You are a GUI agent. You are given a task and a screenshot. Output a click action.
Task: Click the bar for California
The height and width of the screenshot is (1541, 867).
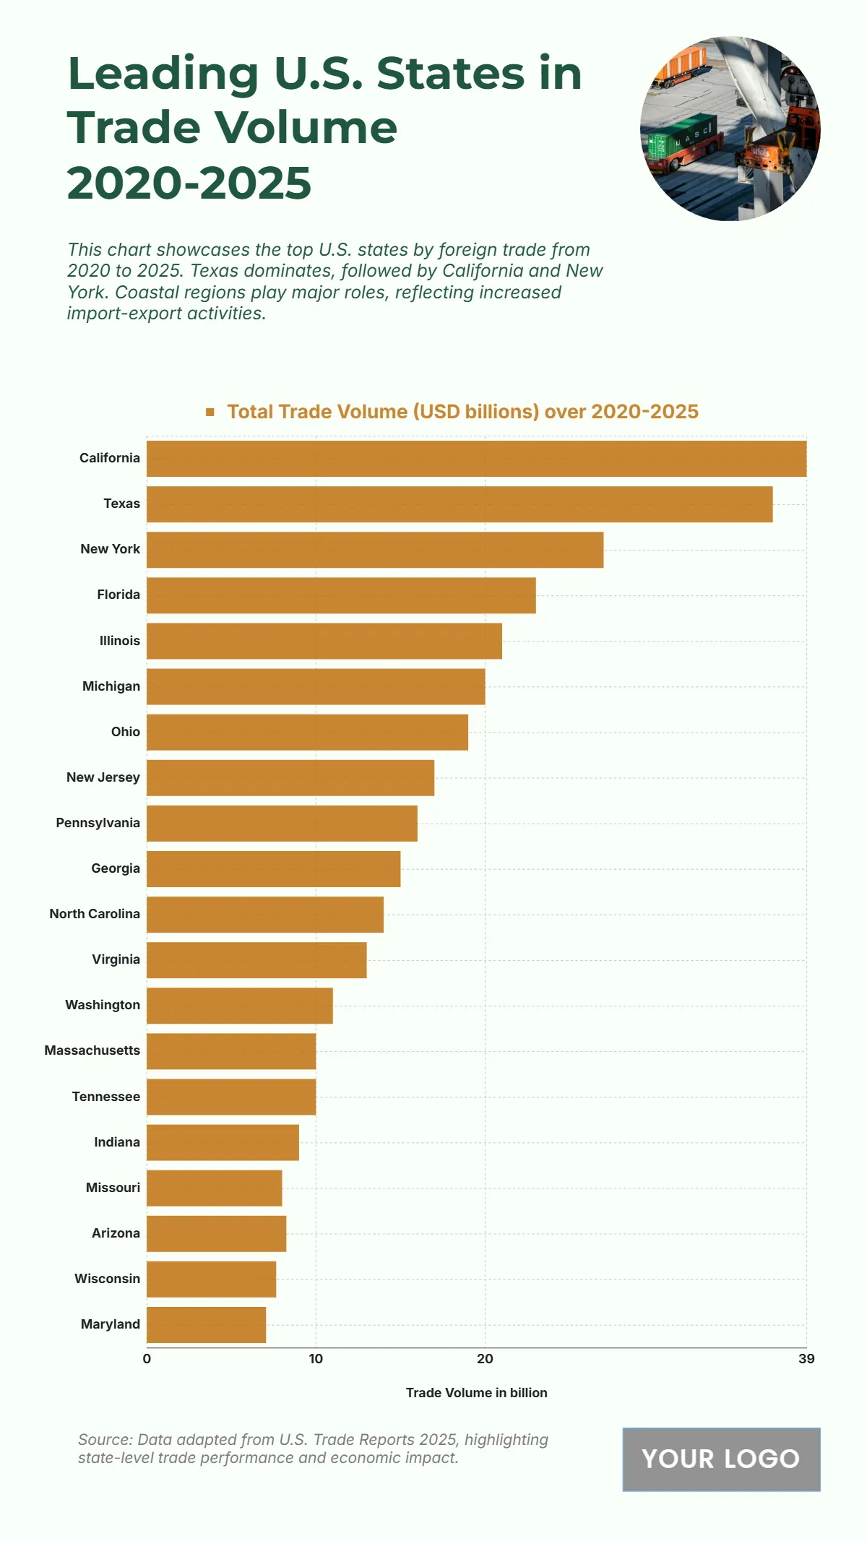point(476,459)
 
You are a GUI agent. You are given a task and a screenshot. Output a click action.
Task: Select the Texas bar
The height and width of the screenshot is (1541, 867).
point(460,504)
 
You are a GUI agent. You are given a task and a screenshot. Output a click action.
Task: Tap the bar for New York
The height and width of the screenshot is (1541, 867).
point(375,550)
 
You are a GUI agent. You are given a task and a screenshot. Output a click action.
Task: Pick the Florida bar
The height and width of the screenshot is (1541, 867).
point(341,595)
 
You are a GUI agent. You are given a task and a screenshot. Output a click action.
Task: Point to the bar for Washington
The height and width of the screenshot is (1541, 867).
point(240,1006)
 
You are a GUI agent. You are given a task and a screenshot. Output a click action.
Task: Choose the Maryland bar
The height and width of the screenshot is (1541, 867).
point(206,1325)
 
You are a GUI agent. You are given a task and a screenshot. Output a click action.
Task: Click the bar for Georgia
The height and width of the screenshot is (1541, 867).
point(273,869)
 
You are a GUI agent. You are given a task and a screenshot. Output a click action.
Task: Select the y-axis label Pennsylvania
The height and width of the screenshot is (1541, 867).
point(98,823)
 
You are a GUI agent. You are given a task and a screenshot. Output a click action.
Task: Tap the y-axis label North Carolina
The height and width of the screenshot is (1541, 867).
point(95,914)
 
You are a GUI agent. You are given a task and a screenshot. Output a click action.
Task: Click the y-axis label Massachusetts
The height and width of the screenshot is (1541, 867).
point(92,1050)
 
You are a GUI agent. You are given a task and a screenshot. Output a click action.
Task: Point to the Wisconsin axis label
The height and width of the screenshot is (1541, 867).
point(107,1279)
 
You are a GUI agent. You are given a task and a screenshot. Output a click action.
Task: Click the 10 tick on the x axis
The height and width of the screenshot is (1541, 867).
point(316,1359)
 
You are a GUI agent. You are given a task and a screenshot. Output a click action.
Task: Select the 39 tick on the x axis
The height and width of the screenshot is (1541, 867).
point(806,1359)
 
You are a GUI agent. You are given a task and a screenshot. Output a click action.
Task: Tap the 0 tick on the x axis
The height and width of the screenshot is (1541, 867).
point(147,1359)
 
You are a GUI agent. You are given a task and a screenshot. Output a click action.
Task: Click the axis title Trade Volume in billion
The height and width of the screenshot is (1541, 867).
point(476,1393)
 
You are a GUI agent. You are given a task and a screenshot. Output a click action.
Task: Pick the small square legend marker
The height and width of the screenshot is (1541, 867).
point(210,412)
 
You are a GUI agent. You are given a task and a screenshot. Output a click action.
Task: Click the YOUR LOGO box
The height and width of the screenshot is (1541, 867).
point(721,1459)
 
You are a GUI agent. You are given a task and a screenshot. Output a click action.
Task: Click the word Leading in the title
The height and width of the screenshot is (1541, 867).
point(163,74)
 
